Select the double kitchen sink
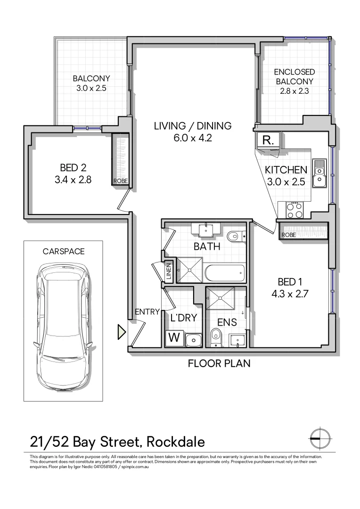(320, 172)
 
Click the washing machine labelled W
(174, 337)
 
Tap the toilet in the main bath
(235, 235)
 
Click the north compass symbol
(319, 438)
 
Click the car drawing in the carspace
(63, 327)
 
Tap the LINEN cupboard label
(169, 272)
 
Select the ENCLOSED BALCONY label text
(295, 77)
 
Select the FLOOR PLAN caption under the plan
(219, 363)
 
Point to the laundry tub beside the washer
(193, 339)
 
